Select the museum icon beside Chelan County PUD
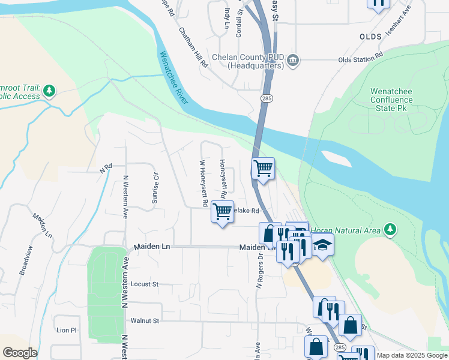pyautogui.click(x=294, y=59)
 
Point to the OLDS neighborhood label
pyautogui.click(x=370, y=37)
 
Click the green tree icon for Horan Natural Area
pyautogui.click(x=390, y=229)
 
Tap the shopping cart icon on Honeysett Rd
pyautogui.click(x=222, y=211)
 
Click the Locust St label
pyautogui.click(x=143, y=284)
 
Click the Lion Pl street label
pyautogui.click(x=67, y=330)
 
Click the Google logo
pyautogui.click(x=20, y=353)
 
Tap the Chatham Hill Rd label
pyautogui.click(x=192, y=46)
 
